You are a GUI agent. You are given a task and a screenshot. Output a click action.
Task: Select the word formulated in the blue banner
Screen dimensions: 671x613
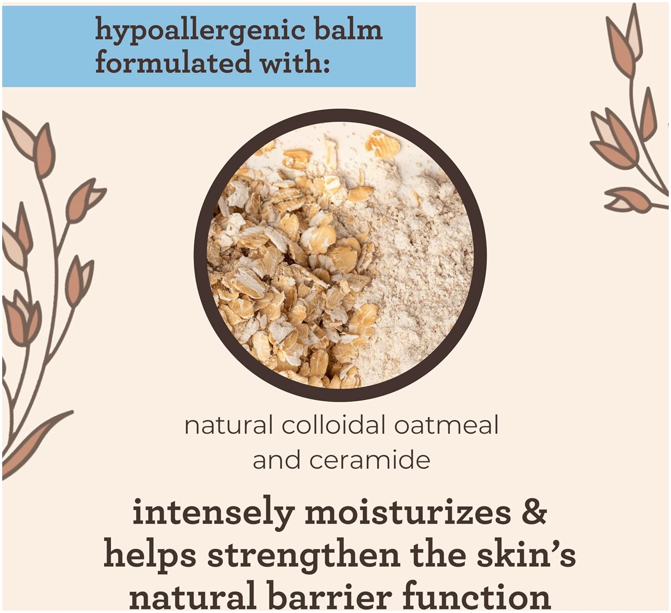[173, 62]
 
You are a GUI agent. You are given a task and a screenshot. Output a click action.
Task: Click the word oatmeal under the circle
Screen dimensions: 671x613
[446, 425]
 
